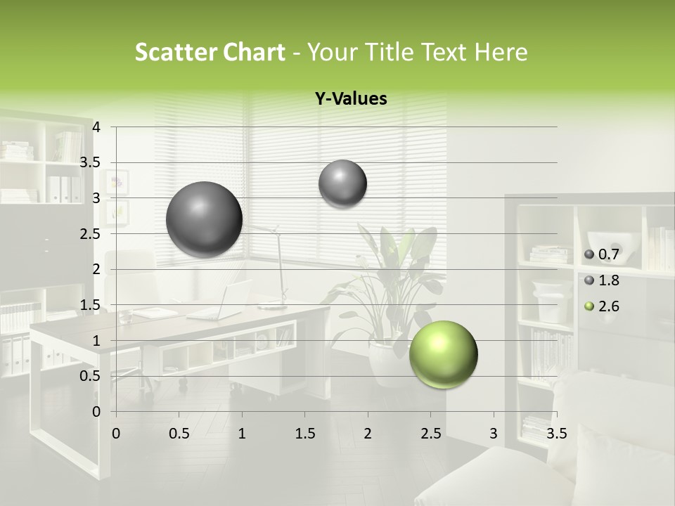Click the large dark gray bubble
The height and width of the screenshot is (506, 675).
[205, 219]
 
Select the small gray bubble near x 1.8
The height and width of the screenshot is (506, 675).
[342, 183]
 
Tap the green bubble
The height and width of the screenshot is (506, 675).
[443, 354]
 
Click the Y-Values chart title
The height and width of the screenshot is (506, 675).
[350, 99]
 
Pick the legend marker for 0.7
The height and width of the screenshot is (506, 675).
[589, 254]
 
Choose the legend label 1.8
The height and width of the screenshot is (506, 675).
[608, 280]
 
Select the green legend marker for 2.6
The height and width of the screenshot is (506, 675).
[589, 306]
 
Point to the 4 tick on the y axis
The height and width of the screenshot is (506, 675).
[97, 127]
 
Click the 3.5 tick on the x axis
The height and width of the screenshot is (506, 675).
[557, 433]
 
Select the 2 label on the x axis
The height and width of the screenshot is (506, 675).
[367, 433]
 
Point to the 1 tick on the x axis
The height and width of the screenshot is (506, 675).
[242, 433]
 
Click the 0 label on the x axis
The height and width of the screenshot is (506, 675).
[116, 433]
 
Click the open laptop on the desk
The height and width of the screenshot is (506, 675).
[224, 302]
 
